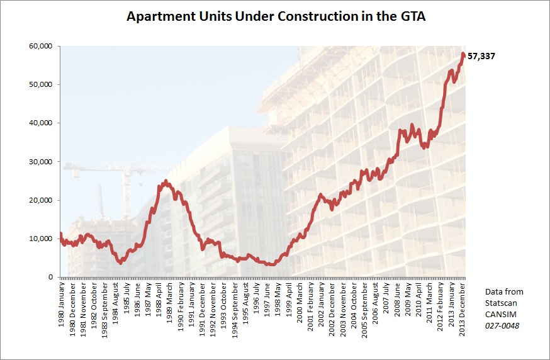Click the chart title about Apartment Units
coord(276,17)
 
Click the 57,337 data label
coord(482,56)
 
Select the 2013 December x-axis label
coord(463,308)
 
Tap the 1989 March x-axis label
coord(170,305)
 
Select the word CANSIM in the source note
coord(500,314)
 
